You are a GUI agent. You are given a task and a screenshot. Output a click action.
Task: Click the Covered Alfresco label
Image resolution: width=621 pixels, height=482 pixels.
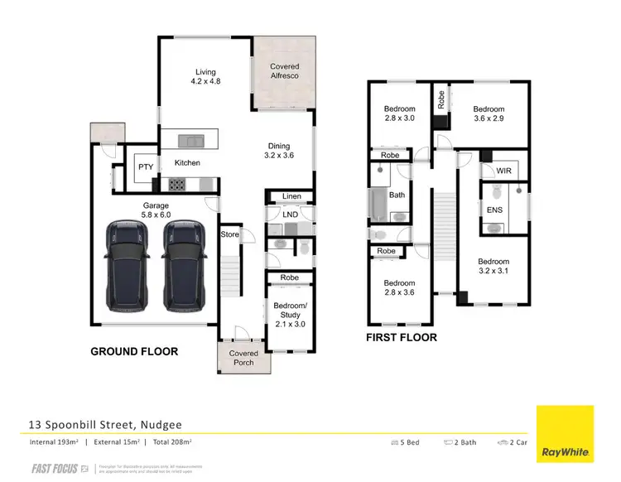(x=284, y=71)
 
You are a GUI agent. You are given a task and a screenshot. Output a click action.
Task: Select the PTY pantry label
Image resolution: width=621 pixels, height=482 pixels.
(x=146, y=167)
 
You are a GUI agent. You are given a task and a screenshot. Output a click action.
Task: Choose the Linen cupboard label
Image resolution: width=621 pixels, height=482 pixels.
(x=291, y=196)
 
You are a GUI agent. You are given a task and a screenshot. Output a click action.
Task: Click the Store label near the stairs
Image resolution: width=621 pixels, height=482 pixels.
(x=229, y=234)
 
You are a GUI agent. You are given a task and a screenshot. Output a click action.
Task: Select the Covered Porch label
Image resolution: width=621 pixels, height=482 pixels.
(x=243, y=358)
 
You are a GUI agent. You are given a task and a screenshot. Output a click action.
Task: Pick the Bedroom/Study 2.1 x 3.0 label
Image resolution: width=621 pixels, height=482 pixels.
(x=290, y=315)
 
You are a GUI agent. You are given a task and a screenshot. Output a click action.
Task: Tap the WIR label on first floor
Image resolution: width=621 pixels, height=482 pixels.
(x=503, y=171)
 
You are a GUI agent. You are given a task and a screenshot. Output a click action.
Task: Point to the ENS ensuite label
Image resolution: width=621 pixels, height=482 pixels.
(x=495, y=210)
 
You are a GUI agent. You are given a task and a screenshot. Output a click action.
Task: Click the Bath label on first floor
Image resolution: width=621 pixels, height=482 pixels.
(x=397, y=195)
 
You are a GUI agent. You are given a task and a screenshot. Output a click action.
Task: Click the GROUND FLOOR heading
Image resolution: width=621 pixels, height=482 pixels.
(x=134, y=352)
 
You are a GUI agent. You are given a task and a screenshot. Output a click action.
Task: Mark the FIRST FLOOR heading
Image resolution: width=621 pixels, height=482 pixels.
(x=402, y=338)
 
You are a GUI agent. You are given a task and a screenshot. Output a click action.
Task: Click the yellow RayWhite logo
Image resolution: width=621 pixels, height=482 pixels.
(x=566, y=434)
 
